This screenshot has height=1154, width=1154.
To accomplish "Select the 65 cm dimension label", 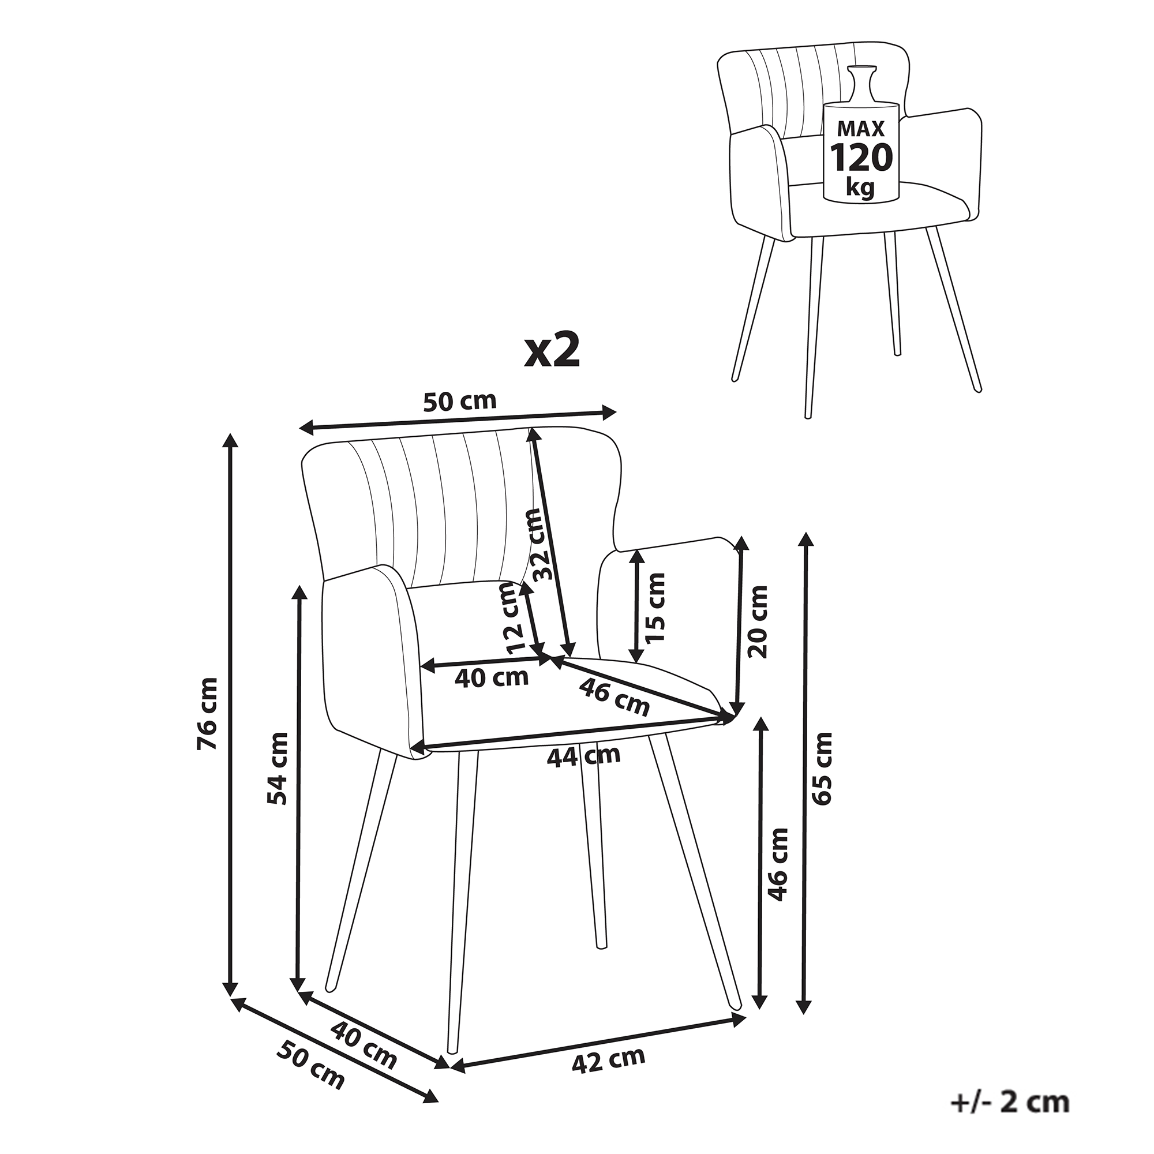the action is (x=822, y=767).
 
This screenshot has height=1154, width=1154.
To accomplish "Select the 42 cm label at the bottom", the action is (x=609, y=1061).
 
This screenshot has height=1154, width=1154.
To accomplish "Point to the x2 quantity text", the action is (x=552, y=352).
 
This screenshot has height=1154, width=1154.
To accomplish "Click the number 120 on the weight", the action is (x=861, y=158).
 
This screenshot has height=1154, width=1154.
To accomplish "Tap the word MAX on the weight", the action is (x=860, y=129).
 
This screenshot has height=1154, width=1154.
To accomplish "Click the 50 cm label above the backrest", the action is (x=459, y=402).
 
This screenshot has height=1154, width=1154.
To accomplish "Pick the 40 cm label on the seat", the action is (x=492, y=677).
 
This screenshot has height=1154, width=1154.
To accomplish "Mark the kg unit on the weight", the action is (x=860, y=188).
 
